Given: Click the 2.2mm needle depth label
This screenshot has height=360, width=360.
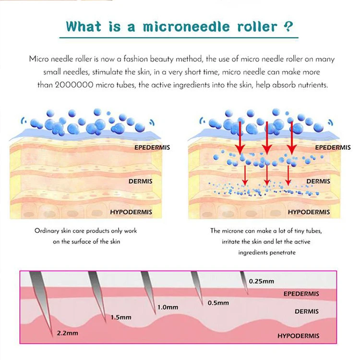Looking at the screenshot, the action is click(67, 332).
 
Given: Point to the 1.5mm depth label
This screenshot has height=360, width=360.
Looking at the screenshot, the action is click(121, 317).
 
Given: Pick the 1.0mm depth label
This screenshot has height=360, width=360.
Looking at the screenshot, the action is click(168, 307).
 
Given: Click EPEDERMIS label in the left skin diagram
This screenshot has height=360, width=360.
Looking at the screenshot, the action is click(152, 147).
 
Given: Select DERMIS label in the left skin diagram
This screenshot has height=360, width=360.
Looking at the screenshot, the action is click(141, 182).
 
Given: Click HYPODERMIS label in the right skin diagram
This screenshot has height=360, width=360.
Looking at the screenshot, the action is click(309, 212).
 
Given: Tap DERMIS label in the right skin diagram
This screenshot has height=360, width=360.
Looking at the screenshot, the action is click(318, 181).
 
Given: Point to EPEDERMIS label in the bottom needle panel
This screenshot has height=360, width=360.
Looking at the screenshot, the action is click(301, 294).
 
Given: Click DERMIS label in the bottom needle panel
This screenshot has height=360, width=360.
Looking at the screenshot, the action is click(307, 312).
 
